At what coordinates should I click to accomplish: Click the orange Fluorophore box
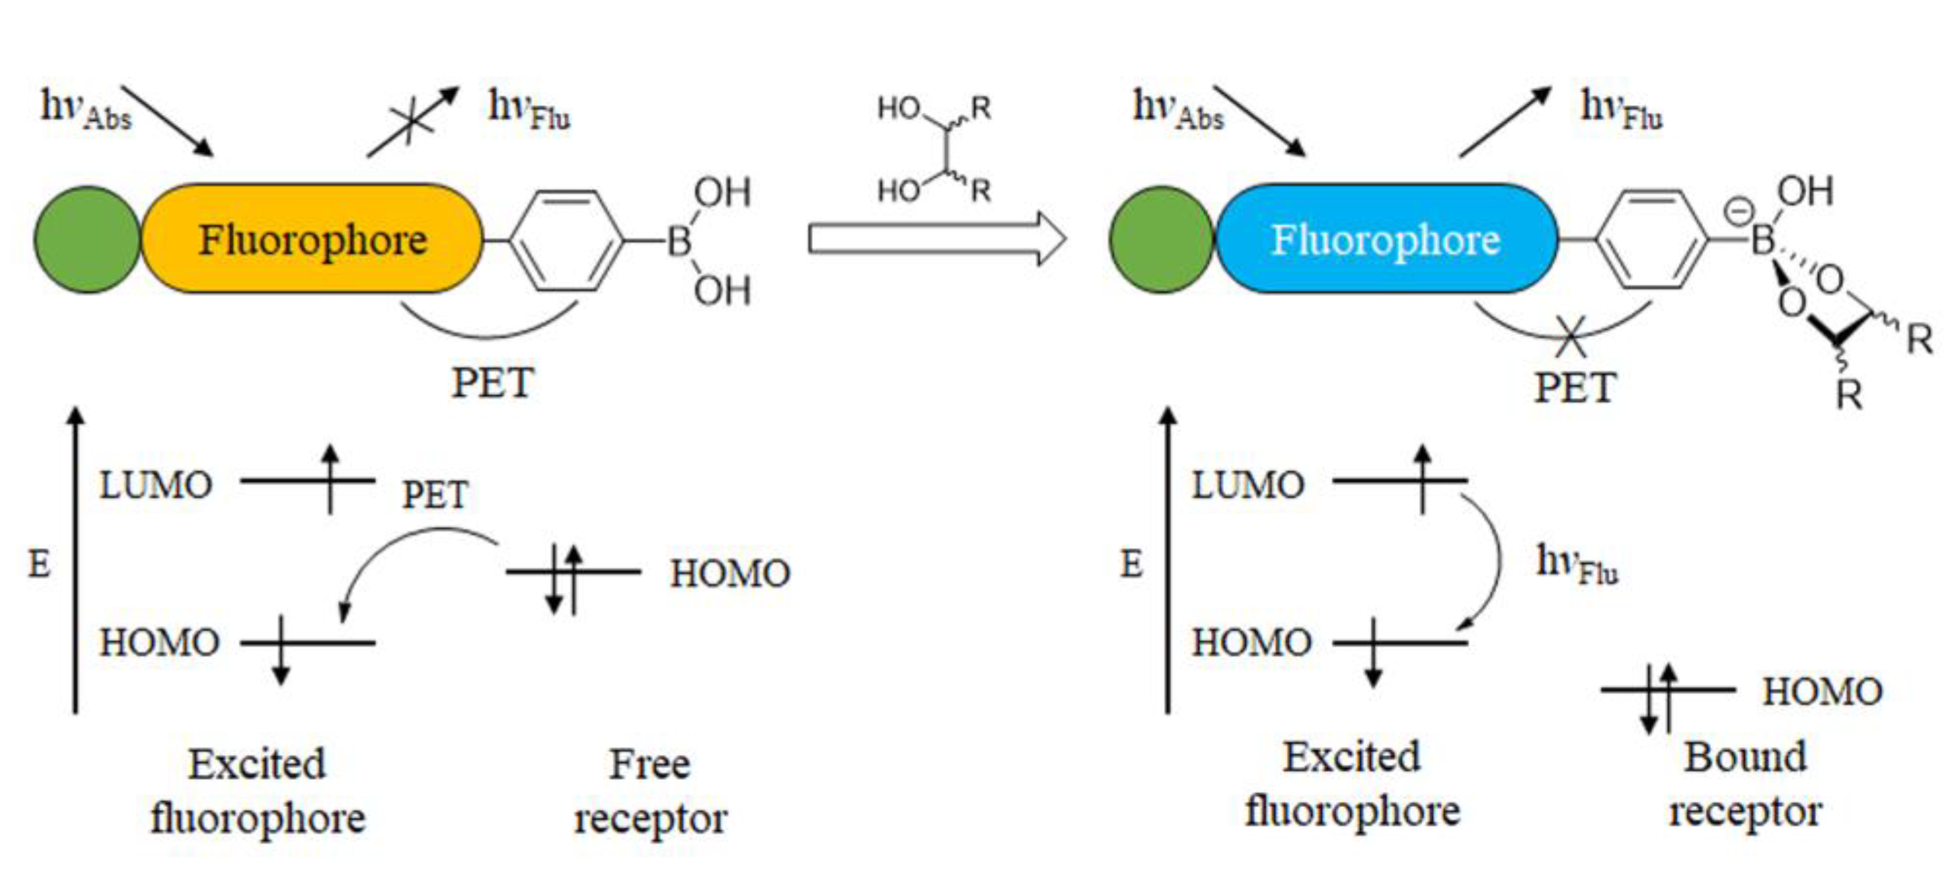(x=312, y=238)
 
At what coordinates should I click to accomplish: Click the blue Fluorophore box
(x=1386, y=238)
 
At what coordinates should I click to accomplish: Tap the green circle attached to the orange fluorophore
(x=86, y=238)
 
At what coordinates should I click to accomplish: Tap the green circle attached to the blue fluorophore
(x=1161, y=238)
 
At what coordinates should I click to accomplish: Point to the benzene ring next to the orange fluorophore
(x=566, y=240)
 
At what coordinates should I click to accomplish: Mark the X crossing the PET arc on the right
(x=1570, y=336)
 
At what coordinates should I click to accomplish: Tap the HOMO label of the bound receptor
(x=1821, y=691)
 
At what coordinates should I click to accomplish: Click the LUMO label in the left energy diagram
(x=156, y=484)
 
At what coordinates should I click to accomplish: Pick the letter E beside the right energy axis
(x=1131, y=564)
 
